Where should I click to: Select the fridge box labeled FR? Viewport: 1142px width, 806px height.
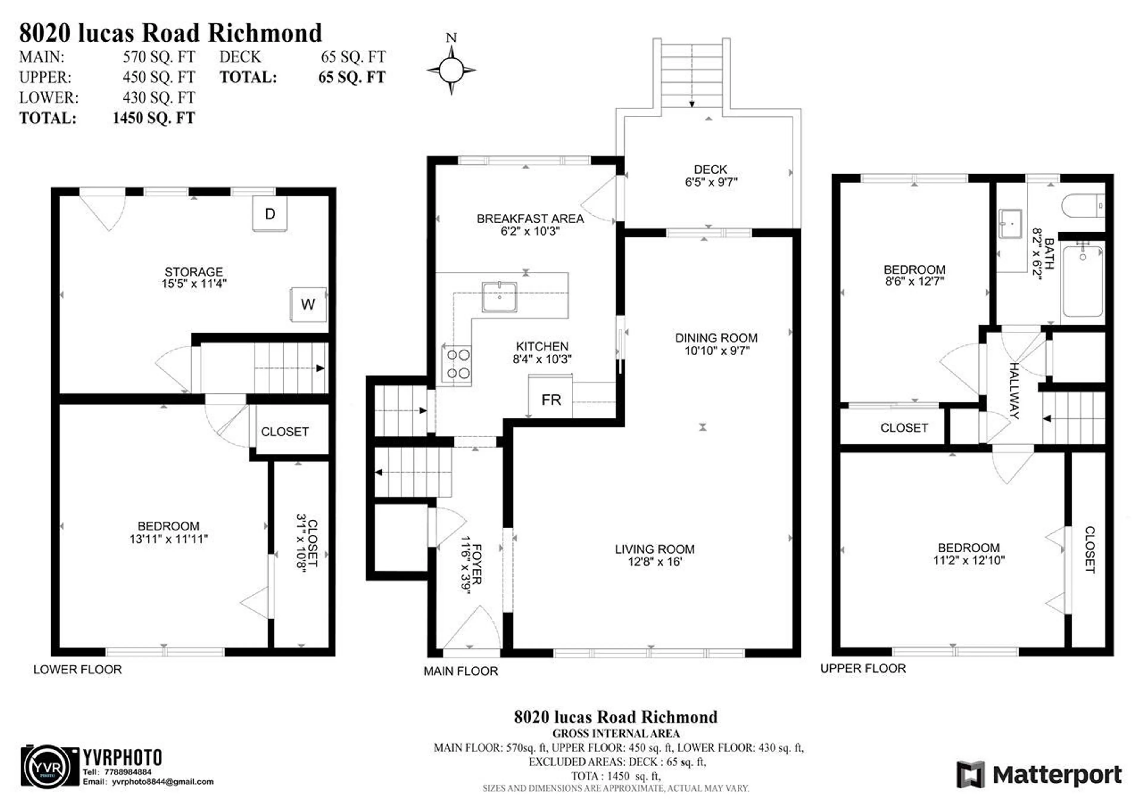coord(550,399)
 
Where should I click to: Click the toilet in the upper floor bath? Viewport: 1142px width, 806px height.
coord(1083,206)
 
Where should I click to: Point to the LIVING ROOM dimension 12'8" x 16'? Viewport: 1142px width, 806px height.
coord(655,562)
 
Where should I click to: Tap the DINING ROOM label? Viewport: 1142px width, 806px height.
coord(716,338)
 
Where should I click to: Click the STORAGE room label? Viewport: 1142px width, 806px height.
coord(194,272)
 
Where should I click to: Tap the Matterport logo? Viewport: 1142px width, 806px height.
coord(1039,775)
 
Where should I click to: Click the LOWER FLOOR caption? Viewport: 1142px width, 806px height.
coord(78,669)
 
